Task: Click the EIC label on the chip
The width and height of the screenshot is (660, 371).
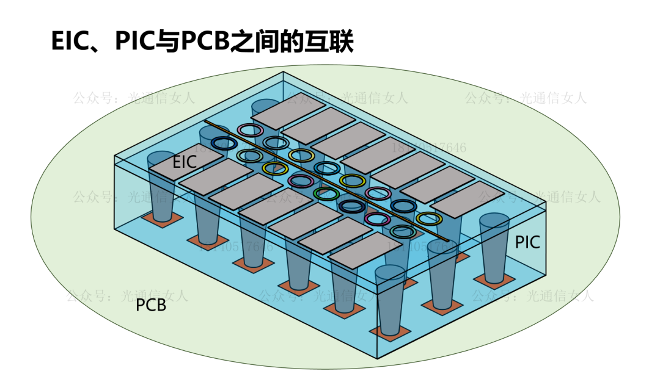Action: click(184, 162)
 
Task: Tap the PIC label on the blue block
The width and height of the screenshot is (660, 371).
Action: click(527, 242)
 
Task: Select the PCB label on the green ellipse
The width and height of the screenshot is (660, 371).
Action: click(151, 304)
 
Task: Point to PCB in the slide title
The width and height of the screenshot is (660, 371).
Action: click(203, 42)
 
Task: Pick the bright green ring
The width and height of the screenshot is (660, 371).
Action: click(326, 194)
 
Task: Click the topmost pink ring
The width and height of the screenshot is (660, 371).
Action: click(250, 129)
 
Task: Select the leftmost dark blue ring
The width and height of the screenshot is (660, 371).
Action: click(224, 143)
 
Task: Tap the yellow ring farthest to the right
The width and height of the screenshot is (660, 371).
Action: click(429, 218)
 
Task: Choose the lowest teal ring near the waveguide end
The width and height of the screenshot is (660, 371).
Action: click(403, 231)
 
